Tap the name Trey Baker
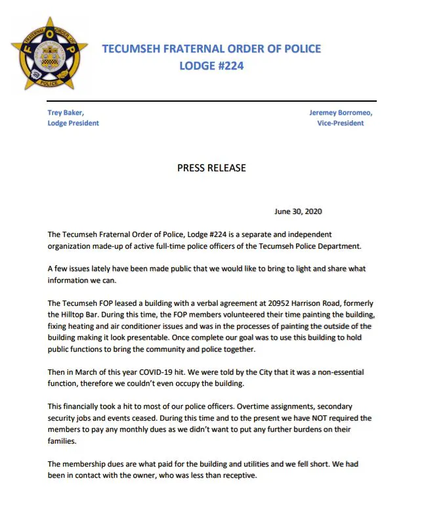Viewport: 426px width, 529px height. pyautogui.click(x=66, y=112)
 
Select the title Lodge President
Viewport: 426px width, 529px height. pyautogui.click(x=74, y=123)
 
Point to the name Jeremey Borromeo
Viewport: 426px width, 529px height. pyautogui.click(x=345, y=112)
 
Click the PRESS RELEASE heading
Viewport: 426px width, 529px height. pyautogui.click(x=211, y=168)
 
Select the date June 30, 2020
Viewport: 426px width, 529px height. pyautogui.click(x=298, y=211)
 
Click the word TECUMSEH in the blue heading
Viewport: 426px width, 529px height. pyautogui.click(x=136, y=49)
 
